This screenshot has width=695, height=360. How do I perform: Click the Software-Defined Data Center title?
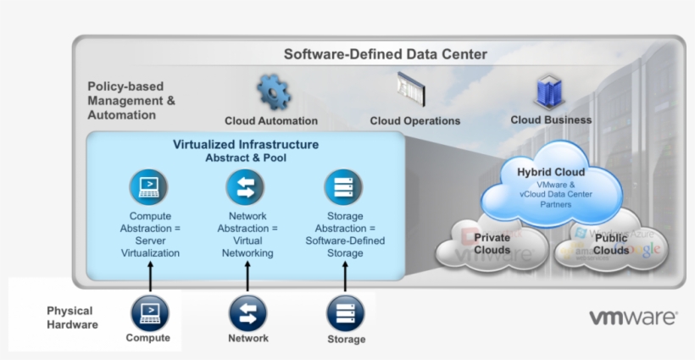pyautogui.click(x=385, y=54)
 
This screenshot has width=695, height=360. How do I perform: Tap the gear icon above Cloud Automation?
pyautogui.click(x=273, y=91)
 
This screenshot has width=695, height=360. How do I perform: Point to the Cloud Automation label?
pyautogui.click(x=271, y=121)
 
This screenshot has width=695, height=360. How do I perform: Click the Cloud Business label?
pyautogui.click(x=551, y=120)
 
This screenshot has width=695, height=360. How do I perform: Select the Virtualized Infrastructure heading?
pyautogui.click(x=246, y=145)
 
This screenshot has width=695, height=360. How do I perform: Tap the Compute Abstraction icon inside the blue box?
pyautogui.click(x=149, y=187)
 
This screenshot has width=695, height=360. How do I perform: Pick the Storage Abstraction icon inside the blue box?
pyautogui.click(x=343, y=187)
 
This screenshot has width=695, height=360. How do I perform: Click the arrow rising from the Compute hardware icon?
pyautogui.click(x=150, y=277)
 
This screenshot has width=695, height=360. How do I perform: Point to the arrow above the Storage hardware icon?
pyautogui.click(x=346, y=277)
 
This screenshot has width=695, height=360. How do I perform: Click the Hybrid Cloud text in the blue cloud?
pyautogui.click(x=551, y=172)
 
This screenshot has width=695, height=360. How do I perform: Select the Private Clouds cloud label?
pyautogui.click(x=492, y=244)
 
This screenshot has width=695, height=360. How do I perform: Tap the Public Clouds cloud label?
pyautogui.click(x=611, y=245)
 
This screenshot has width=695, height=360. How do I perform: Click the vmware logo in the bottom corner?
pyautogui.click(x=633, y=318)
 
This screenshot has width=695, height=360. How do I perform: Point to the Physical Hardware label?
pyautogui.click(x=71, y=318)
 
